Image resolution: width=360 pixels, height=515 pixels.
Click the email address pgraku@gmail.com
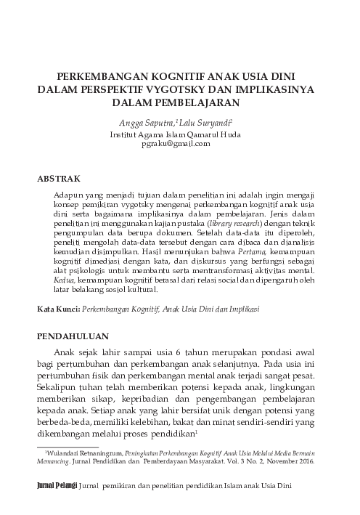(180, 144)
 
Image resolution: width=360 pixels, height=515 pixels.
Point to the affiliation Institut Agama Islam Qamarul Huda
(180, 134)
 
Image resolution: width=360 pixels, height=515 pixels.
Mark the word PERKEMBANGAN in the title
(102, 77)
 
